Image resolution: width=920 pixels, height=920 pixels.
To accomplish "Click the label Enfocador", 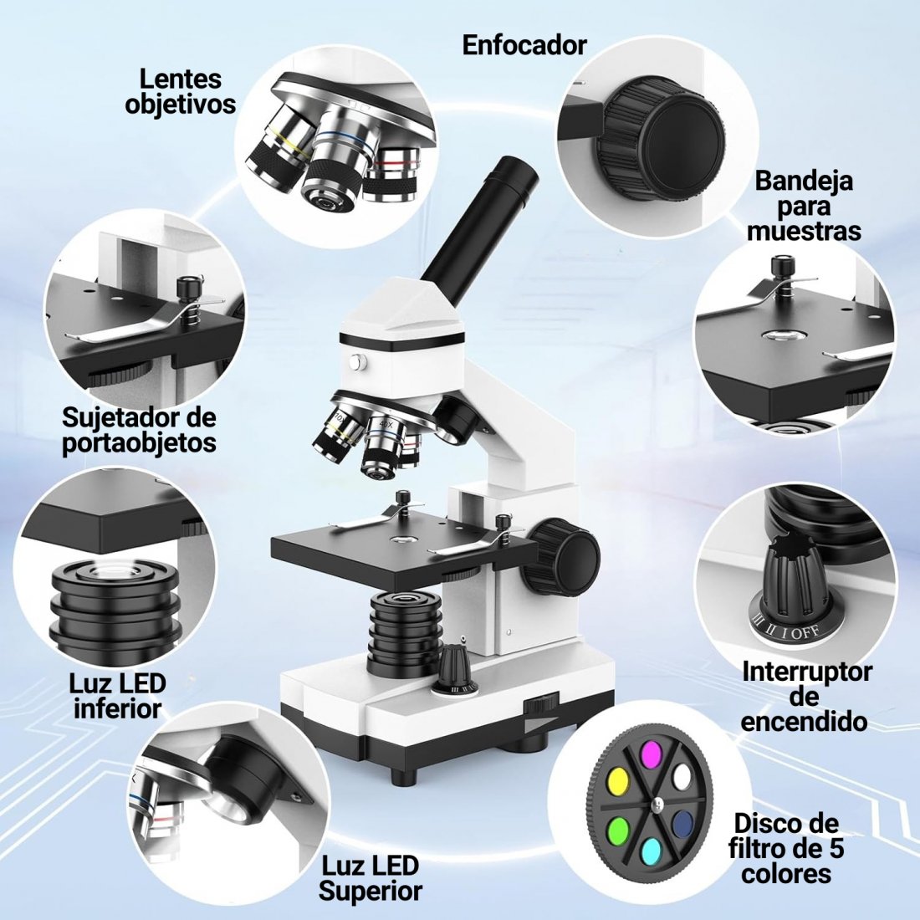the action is (524, 45).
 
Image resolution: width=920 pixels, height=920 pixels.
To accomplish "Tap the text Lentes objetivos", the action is (180, 91).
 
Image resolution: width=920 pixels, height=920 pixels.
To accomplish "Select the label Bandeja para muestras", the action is (804, 206).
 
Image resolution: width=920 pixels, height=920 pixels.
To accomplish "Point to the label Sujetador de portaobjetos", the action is (139, 430).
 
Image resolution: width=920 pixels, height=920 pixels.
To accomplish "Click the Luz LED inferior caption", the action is (118, 696).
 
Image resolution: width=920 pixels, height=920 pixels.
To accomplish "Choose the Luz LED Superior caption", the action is (371, 877).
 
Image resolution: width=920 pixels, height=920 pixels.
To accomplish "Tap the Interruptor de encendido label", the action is (804, 697).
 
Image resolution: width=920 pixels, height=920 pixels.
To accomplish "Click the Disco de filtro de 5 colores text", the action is (786, 848).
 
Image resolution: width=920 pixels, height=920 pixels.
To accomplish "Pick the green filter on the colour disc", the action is (618, 831).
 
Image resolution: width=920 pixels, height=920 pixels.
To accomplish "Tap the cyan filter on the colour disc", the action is (651, 851).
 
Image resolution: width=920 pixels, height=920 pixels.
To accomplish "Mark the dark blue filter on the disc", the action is (682, 823).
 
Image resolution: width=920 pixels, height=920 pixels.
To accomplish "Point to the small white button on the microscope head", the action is (356, 363).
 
